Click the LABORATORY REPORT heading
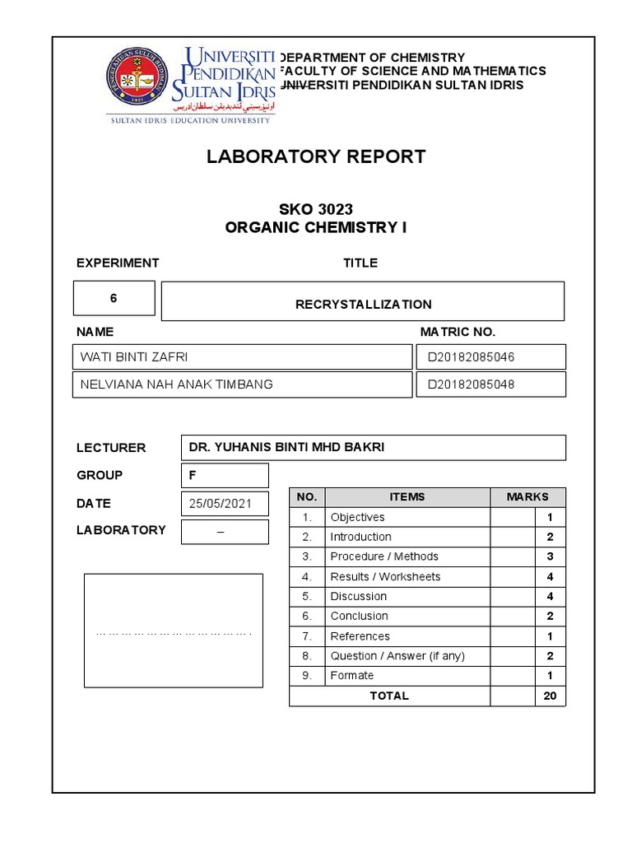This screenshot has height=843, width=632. coord(316,156)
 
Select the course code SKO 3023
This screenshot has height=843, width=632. coord(316,209)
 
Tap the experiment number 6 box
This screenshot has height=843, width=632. coord(114,298)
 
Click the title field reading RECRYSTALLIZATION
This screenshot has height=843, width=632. coord(363,304)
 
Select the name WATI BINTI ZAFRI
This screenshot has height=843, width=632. coord(139,356)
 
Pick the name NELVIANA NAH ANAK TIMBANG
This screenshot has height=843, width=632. coord(176,384)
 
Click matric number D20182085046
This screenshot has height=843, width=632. coord(471,356)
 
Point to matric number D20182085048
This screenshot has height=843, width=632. coord(471,384)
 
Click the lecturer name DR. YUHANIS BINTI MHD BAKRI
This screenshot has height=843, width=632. coord(286,447)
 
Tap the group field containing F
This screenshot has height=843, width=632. coord(224,475)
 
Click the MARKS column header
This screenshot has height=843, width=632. coord(527,496)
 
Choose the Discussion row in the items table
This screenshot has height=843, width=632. coord(358,596)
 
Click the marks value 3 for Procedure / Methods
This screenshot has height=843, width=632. coord(550,557)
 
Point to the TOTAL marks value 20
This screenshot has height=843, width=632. coord(550,696)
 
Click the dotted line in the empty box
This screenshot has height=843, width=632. coord(173,634)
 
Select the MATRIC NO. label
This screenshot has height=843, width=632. coord(458,332)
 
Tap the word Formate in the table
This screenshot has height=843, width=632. coord(351,675)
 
